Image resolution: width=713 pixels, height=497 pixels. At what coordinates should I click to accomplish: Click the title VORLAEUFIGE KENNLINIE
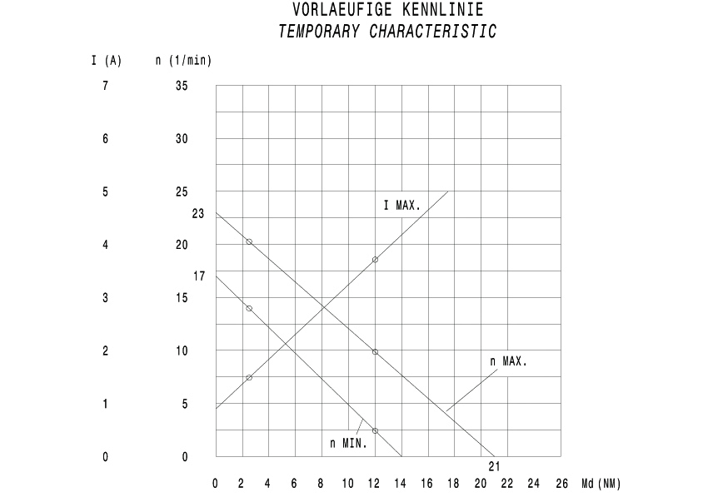click(x=387, y=10)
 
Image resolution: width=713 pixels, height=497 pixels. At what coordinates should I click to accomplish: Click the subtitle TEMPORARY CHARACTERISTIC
click(x=387, y=32)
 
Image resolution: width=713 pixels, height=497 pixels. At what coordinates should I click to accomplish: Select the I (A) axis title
click(x=106, y=61)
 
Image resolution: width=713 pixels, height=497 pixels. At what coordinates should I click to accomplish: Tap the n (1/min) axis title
click(x=184, y=61)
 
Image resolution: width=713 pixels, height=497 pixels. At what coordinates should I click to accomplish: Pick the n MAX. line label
click(x=509, y=362)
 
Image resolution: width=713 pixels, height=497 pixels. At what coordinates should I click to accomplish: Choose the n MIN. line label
click(x=348, y=443)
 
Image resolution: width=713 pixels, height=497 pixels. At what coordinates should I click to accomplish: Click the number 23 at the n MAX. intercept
click(x=197, y=214)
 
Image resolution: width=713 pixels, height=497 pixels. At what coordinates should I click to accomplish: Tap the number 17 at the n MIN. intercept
click(x=198, y=276)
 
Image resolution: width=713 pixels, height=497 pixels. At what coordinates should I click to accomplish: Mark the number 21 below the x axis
click(x=494, y=465)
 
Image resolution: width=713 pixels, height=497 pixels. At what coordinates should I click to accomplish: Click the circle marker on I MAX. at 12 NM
click(x=375, y=260)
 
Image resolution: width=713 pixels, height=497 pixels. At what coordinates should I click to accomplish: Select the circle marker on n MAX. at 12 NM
click(x=375, y=352)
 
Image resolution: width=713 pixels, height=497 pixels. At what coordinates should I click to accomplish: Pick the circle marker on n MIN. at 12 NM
click(x=375, y=430)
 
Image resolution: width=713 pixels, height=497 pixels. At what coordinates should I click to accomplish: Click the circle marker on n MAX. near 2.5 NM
click(x=249, y=241)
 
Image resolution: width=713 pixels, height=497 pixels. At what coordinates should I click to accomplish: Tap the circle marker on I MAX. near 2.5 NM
click(x=249, y=378)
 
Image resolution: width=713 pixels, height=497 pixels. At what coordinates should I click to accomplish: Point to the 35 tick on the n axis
click(x=182, y=86)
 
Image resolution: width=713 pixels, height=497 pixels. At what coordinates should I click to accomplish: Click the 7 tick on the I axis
click(x=106, y=86)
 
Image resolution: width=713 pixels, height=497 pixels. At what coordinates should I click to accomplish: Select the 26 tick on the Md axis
click(x=561, y=484)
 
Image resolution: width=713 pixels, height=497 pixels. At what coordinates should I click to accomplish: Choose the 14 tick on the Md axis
click(x=401, y=484)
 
